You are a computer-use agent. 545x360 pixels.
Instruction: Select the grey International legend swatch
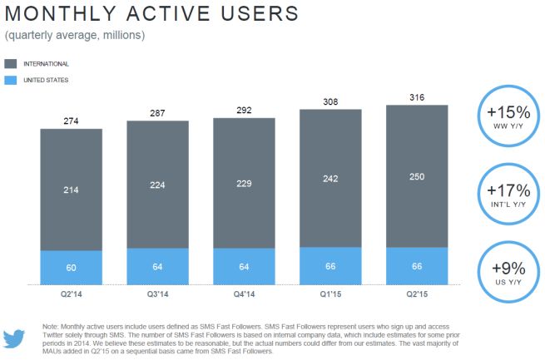pyautogui.click(x=11, y=63)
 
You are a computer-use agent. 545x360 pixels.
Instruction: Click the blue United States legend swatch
pyautogui.click(x=11, y=80)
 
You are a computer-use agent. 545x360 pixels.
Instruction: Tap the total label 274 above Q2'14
pyautogui.click(x=71, y=122)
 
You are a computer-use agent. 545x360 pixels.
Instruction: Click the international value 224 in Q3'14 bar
pyautogui.click(x=158, y=186)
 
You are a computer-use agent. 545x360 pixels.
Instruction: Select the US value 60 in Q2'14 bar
pyautogui.click(x=71, y=267)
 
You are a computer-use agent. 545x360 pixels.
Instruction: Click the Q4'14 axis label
pyautogui.click(x=244, y=292)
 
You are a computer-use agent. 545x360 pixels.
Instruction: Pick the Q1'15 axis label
pyautogui.click(x=330, y=292)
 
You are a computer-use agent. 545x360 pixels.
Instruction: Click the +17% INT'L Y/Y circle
pyautogui.click(x=508, y=192)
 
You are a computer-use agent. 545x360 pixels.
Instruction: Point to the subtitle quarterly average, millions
pyautogui.click(x=75, y=35)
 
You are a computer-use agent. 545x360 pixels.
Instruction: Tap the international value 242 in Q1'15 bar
pyautogui.click(x=330, y=179)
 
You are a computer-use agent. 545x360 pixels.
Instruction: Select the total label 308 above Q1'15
pyautogui.click(x=330, y=102)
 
